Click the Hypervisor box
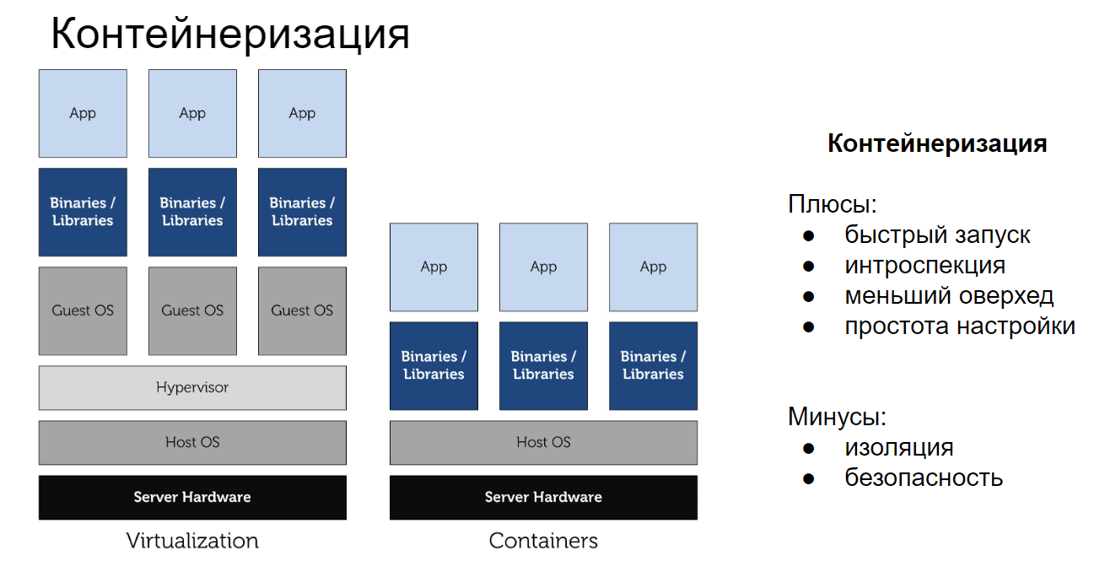coord(192,388)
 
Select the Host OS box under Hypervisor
coord(192,442)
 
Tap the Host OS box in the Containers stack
coord(543,442)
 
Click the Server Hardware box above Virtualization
coord(192,497)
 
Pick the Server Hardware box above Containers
coord(543,497)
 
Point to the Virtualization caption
coord(192,541)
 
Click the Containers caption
coord(543,541)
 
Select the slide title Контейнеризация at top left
coord(229,35)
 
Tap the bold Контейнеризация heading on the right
coord(937,143)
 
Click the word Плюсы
coord(832,204)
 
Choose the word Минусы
coord(837,417)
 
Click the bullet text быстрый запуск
coord(937,235)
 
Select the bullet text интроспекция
coord(924,265)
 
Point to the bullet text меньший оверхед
coord(949,295)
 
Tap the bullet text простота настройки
coord(960,326)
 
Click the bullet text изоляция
coord(899,447)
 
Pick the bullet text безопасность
coord(924,478)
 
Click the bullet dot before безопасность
coord(809,478)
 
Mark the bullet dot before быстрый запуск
coord(809,235)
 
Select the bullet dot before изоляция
coord(809,448)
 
